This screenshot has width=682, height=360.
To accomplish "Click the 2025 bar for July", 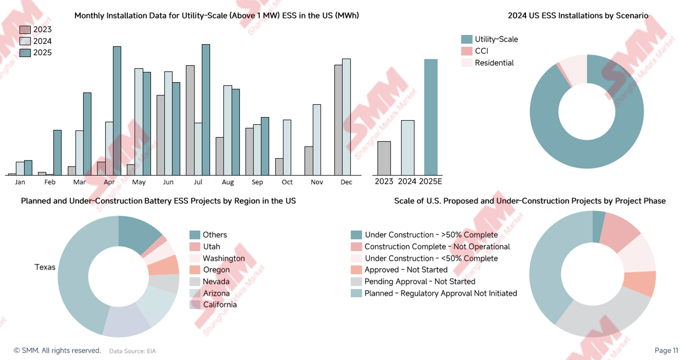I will click(206, 110).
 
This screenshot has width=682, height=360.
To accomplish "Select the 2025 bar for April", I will click(117, 111).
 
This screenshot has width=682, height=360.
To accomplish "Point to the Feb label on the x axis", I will click(50, 182).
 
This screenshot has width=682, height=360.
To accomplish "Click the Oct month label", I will click(287, 182).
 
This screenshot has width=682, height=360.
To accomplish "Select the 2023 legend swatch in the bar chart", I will click(25, 30).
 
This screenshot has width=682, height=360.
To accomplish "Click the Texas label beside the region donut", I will click(45, 267).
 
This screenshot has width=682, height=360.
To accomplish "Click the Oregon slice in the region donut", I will click(164, 265).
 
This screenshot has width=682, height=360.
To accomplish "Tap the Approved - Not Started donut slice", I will click(640, 283).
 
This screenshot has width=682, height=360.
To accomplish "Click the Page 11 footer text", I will click(666, 350).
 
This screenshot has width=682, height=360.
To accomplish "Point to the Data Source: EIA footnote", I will click(132, 351).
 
